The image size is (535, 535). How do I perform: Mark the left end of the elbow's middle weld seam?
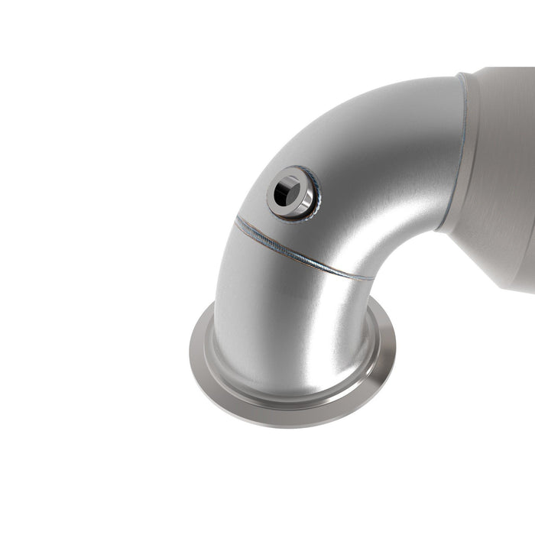point(237,219)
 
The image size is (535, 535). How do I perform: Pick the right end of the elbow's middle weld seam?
point(371,278)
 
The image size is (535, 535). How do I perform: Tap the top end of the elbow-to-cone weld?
point(461,75)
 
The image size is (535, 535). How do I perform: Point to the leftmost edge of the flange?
point(190,353)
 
